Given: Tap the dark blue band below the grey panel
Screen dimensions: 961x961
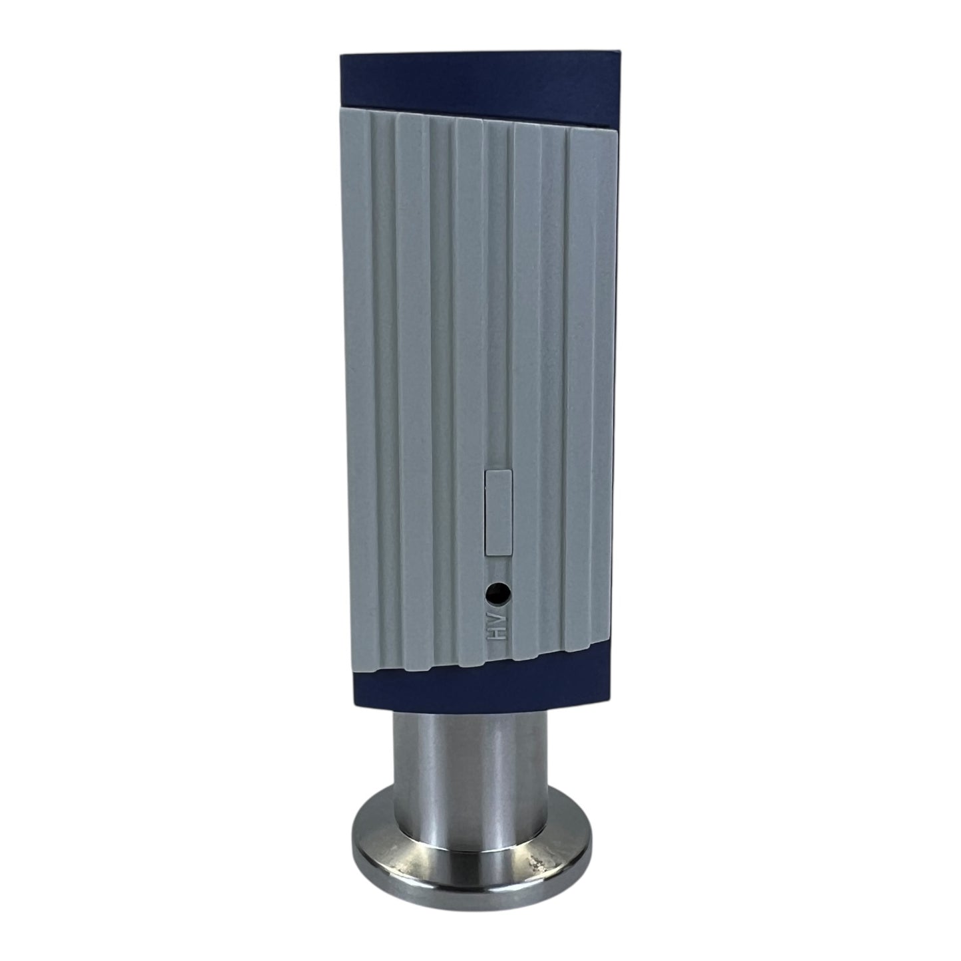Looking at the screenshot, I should pyautogui.click(x=479, y=678).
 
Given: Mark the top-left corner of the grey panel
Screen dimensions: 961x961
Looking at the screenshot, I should pyautogui.click(x=342, y=107).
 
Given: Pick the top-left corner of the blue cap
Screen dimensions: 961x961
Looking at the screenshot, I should pyautogui.click(x=341, y=54).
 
